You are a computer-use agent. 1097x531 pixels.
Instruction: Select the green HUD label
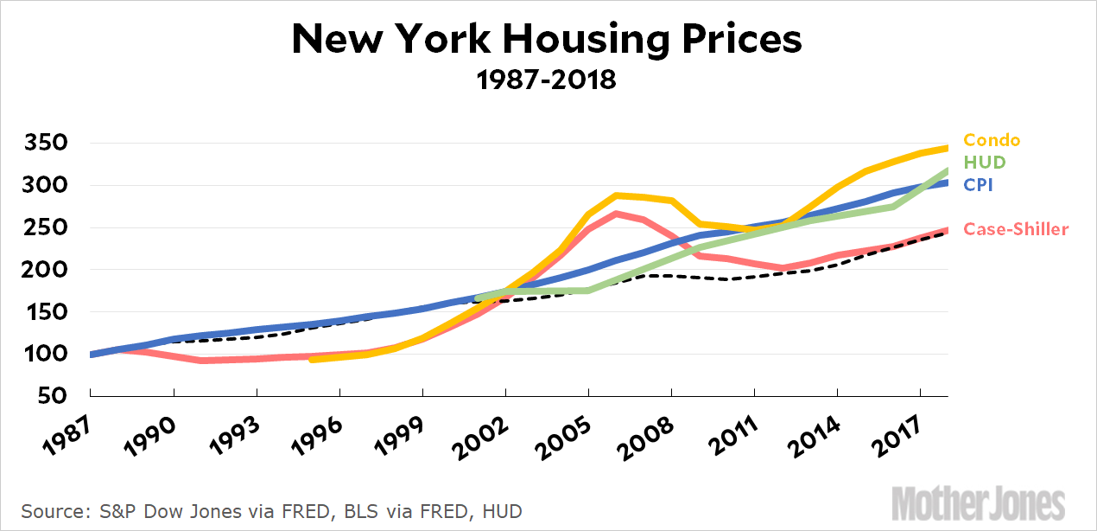click(x=984, y=162)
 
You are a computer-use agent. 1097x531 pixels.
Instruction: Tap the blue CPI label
click(x=980, y=184)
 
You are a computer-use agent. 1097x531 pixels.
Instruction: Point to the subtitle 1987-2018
click(x=547, y=80)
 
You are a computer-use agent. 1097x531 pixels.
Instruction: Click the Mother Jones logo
click(x=978, y=504)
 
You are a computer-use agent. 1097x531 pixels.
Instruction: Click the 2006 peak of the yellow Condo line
click(x=616, y=195)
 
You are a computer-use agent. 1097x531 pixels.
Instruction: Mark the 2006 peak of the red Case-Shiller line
click(x=616, y=213)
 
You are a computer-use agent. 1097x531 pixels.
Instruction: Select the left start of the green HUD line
click(x=478, y=298)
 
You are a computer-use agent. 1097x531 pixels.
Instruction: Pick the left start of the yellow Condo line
click(x=312, y=358)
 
